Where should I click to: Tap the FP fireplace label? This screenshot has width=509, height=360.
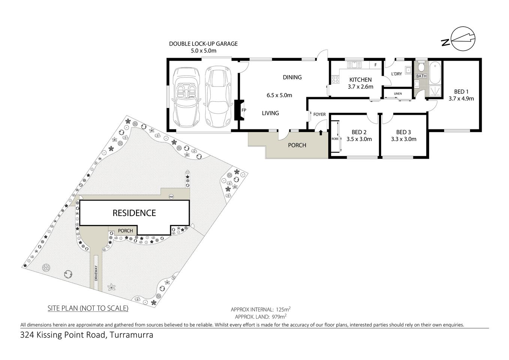(x=244, y=110)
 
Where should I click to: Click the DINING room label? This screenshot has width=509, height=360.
(x=292, y=77)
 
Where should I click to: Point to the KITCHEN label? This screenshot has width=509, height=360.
(x=360, y=79)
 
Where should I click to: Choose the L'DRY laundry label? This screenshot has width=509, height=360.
(x=396, y=74)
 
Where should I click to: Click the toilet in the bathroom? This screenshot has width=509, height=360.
(x=421, y=67)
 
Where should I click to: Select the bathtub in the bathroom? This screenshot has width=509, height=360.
(x=435, y=72)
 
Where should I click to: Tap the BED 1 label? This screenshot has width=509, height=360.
(x=461, y=91)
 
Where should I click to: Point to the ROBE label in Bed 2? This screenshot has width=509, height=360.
(x=335, y=139)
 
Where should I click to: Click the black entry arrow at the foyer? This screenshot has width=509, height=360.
(x=320, y=132)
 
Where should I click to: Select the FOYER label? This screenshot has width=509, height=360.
(x=319, y=114)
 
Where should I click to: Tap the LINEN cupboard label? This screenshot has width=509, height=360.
(x=398, y=93)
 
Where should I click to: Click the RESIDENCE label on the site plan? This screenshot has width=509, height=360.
(x=134, y=213)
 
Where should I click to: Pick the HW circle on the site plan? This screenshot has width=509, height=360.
(x=172, y=197)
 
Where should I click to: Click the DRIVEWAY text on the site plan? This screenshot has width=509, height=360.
(x=96, y=273)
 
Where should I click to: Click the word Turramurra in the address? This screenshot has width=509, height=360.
(x=131, y=335)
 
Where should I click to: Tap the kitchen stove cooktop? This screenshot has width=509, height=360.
(x=335, y=79)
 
